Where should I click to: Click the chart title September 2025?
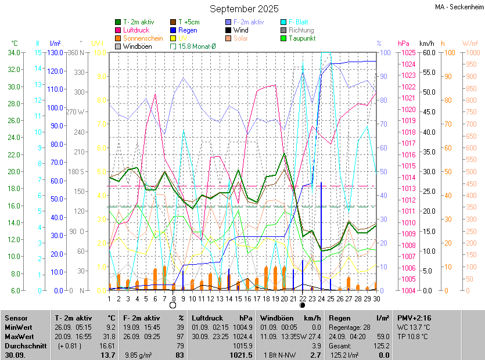pos(244,9)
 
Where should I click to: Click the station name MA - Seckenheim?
pos(458,7)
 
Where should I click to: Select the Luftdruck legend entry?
pos(136,30)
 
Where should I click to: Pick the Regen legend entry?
pos(188,30)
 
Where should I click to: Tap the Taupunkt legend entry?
pos(301,38)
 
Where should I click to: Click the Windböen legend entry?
pos(137,46)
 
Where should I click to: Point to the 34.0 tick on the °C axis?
pos(13,53)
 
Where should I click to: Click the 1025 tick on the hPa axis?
pos(408,53)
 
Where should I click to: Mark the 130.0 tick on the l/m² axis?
pos(56,53)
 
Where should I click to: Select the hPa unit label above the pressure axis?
pos(403,44)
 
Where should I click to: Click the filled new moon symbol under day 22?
pos(303,305)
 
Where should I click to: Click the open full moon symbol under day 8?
pos(173,305)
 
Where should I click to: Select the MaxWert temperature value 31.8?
pos(107,337)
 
